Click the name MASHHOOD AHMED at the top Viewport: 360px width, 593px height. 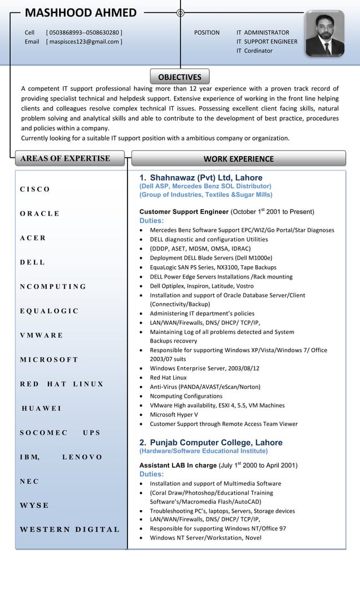81,13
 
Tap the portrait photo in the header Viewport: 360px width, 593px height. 324,34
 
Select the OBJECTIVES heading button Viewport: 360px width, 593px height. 179,77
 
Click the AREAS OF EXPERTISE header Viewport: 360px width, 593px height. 65,158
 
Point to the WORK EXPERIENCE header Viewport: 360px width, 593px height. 238,159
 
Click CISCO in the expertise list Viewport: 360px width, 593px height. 35,189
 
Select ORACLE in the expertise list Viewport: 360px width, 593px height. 39,213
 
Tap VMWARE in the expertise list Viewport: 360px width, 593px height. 41,335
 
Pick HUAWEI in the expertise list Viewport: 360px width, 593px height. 41,408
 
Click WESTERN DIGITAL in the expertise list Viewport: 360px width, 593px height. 69,529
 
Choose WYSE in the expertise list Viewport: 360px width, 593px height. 34,505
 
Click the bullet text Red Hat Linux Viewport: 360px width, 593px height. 168,377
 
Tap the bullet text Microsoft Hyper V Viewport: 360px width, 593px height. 173,414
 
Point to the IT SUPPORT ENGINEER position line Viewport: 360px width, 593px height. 266,41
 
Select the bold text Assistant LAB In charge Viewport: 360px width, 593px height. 178,465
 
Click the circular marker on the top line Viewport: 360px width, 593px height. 180,12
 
